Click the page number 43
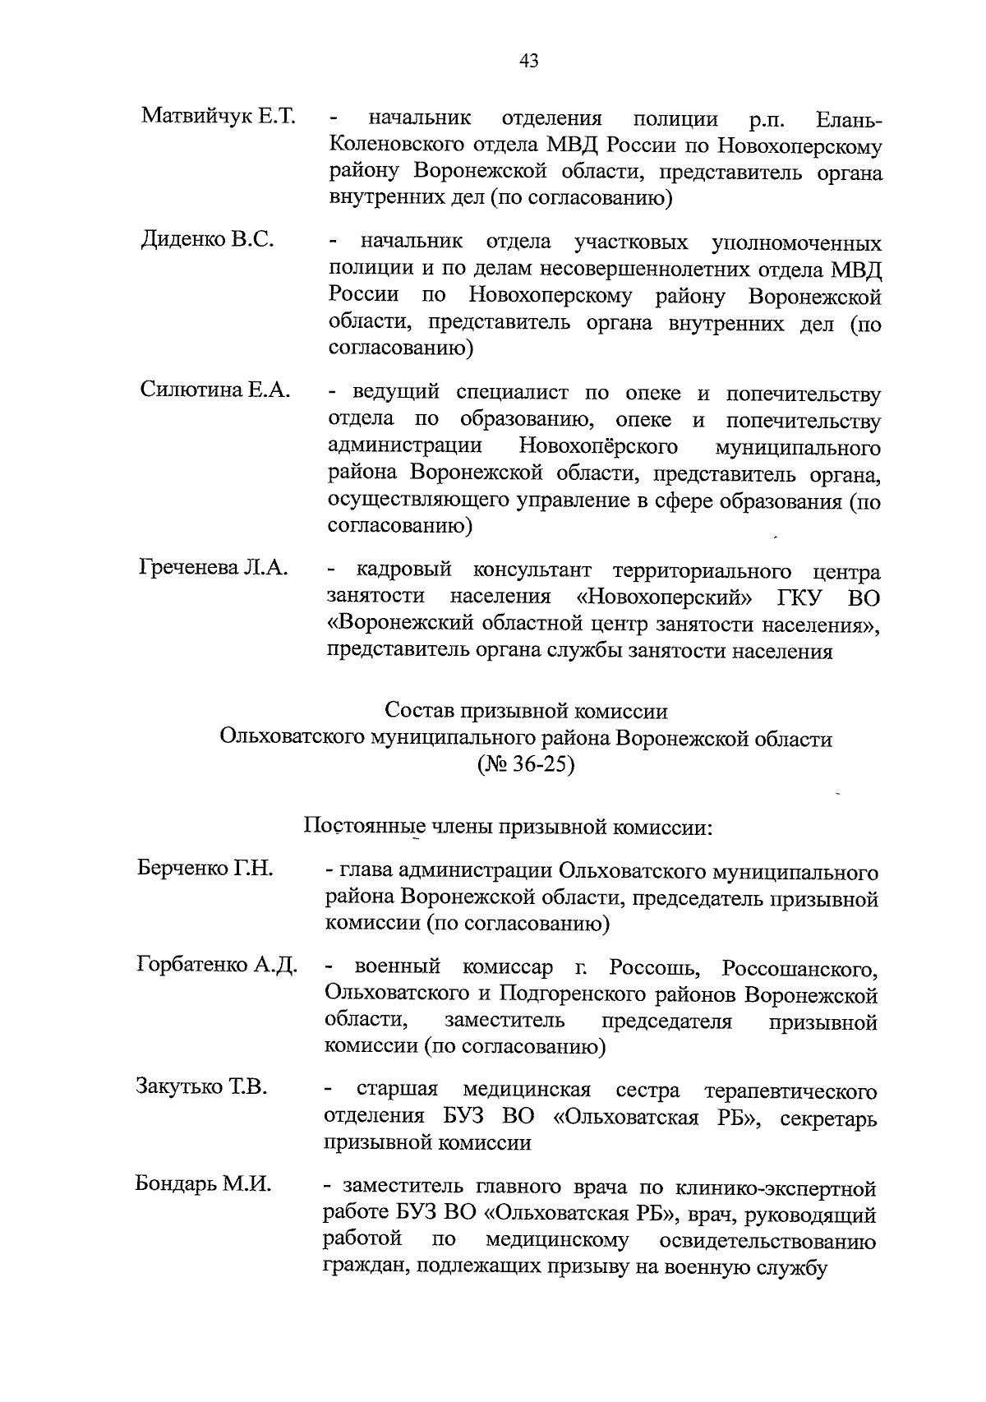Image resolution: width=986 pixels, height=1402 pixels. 528,60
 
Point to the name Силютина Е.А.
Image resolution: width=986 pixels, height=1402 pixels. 215,390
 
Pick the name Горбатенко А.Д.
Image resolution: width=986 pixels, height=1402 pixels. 217,964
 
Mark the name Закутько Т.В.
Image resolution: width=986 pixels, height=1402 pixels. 201,1087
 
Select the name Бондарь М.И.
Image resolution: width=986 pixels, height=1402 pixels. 203,1184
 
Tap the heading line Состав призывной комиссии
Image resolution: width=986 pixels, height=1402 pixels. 526,710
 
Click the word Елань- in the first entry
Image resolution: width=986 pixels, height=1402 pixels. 850,120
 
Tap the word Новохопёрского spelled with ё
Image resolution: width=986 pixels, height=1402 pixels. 599,447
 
